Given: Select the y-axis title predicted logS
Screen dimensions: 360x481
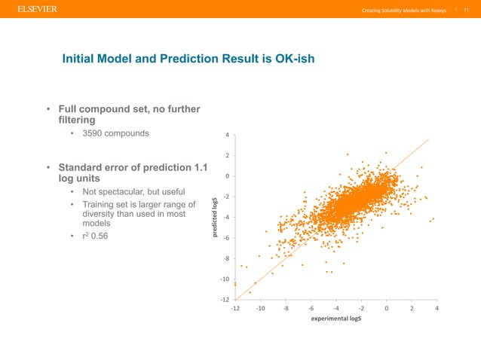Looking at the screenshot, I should click(214, 218).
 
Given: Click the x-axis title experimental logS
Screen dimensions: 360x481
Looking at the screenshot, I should click(335, 319).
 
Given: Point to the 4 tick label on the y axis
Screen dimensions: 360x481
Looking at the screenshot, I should click(228, 136).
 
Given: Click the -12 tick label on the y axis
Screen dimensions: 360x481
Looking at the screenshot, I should click(225, 300).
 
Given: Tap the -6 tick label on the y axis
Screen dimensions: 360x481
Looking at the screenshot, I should click(226, 239).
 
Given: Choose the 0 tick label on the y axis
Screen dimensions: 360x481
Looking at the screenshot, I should click(228, 177).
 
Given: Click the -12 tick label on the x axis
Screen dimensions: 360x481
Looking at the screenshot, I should click(234, 307).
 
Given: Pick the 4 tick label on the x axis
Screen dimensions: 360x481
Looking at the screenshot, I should click(437, 307).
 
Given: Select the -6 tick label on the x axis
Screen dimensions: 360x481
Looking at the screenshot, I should click(311, 307).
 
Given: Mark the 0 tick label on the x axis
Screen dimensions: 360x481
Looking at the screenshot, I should click(386, 307).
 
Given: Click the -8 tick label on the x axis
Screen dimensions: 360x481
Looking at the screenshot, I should click(285, 307).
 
